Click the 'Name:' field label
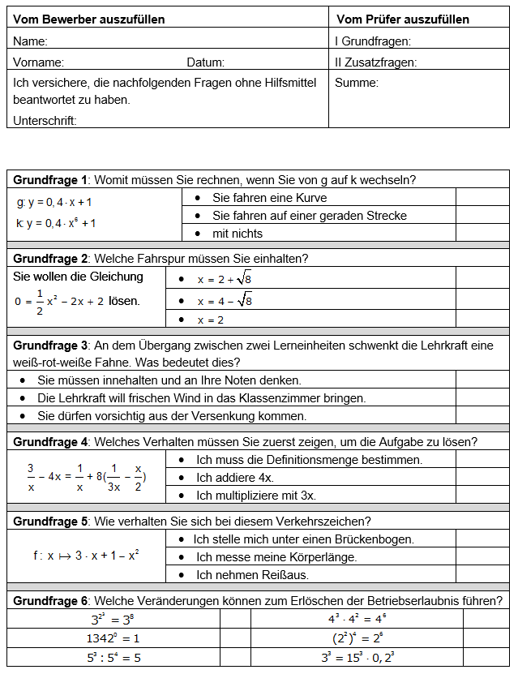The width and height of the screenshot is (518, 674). click(x=30, y=41)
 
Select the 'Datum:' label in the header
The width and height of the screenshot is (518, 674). click(x=205, y=62)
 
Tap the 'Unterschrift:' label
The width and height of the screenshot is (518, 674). click(x=45, y=121)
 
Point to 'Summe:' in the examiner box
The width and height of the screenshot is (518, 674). click(x=357, y=82)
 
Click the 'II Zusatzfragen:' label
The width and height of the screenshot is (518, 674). click(x=375, y=62)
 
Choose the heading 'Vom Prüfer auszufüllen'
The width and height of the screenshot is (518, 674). click(x=402, y=19)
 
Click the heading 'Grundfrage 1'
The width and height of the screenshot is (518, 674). click(x=50, y=180)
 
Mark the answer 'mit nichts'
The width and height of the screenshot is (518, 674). click(x=238, y=234)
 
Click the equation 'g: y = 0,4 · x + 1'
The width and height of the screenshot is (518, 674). click(x=54, y=202)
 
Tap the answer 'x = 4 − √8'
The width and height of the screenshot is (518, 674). click(x=225, y=300)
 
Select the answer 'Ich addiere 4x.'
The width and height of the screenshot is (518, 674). click(x=235, y=477)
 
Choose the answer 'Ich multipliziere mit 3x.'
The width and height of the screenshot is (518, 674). click(x=256, y=495)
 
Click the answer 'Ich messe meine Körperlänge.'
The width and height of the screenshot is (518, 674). click(x=276, y=556)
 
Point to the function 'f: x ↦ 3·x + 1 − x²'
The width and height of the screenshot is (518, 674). click(x=86, y=556)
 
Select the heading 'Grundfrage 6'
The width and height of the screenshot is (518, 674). click(x=50, y=601)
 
